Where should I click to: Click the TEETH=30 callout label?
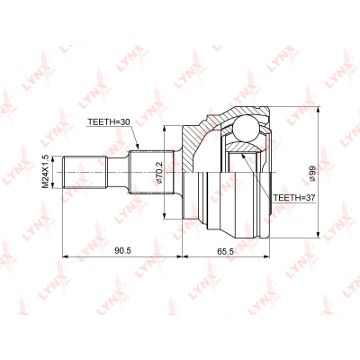point(108,122)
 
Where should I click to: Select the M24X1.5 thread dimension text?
point(45,172)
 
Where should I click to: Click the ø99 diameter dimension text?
point(311,174)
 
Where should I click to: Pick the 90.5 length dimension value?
point(123,251)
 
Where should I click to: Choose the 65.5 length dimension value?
point(225,251)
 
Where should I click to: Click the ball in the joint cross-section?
point(246,128)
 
